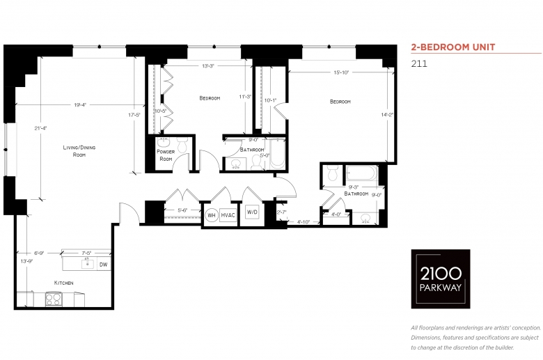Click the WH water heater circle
(x=211, y=215)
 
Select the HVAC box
(x=228, y=215)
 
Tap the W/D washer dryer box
(x=252, y=212)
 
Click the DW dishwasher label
(x=103, y=265)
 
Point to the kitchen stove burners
(x=54, y=299)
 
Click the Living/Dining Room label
(x=79, y=151)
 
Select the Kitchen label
(x=64, y=283)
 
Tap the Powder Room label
(x=166, y=155)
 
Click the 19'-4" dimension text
(x=80, y=104)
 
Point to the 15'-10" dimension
(x=341, y=72)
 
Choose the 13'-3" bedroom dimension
(x=208, y=66)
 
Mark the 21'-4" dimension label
(x=40, y=128)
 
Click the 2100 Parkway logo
(x=441, y=279)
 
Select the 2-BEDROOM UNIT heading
(x=453, y=47)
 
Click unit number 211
(x=419, y=64)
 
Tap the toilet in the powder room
(x=182, y=145)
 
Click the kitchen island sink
(x=87, y=264)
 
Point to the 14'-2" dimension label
(x=387, y=115)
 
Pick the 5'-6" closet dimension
(x=182, y=210)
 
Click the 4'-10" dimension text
(x=304, y=222)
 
